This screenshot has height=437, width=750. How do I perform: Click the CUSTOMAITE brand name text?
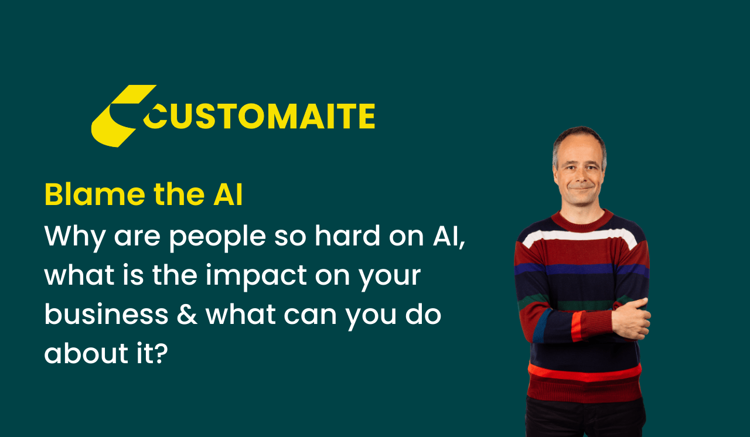coord(259,116)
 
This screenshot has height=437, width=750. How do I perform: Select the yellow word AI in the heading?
coord(228,194)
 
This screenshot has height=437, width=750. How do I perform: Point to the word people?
coord(217,238)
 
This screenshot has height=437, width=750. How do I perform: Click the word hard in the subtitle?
coord(347,235)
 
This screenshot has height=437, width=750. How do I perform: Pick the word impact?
coord(256,278)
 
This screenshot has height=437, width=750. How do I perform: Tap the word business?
coord(106,314)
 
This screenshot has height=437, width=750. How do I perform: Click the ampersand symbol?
coord(187,315)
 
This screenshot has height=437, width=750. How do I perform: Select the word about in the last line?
coord(86,353)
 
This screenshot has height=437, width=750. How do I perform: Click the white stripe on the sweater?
coord(579,237)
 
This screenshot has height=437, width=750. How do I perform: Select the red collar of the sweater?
coord(582,221)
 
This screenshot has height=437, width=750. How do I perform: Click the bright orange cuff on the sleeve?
coord(577,326)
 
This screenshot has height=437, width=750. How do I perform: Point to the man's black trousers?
coord(585,418)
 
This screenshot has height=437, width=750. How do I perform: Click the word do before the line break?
coord(423,314)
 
